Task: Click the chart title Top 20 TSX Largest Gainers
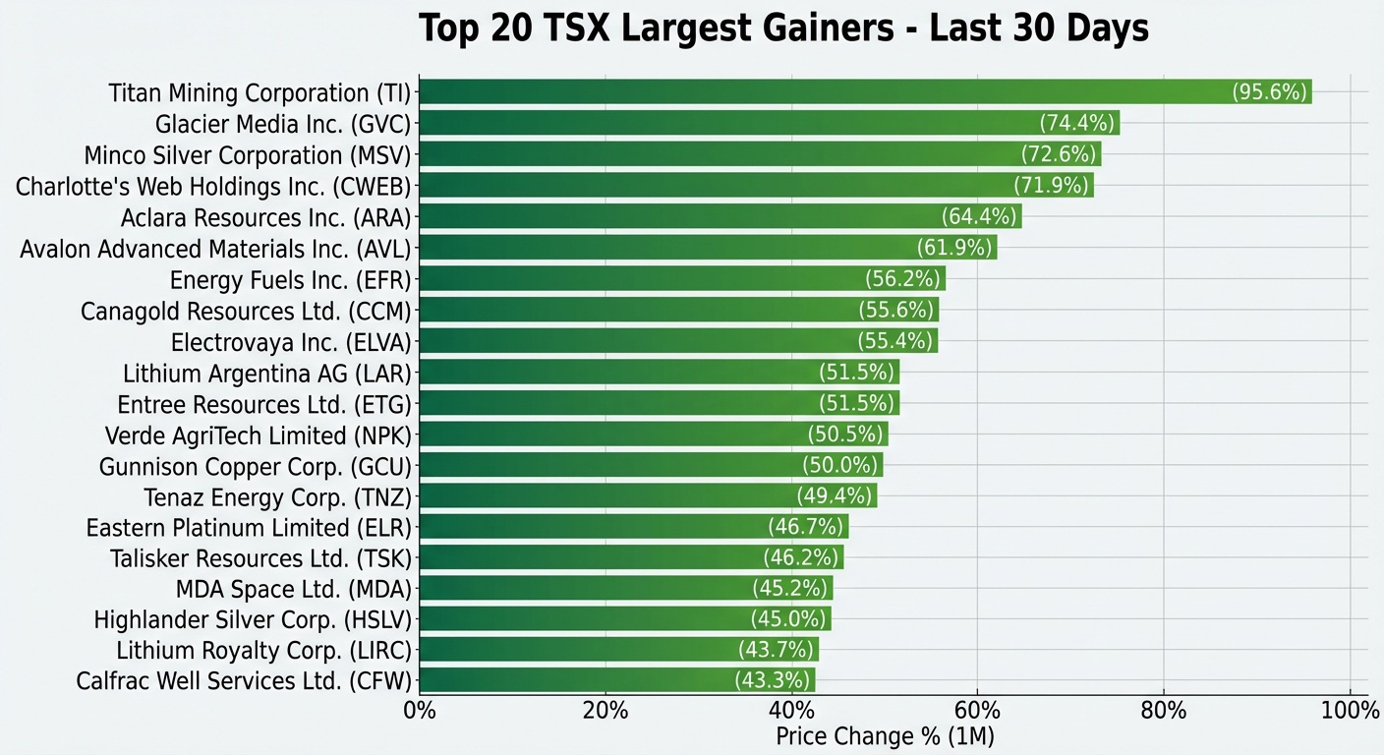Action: tap(783, 29)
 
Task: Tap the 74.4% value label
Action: tap(1077, 123)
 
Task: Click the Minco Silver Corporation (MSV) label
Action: tap(247, 155)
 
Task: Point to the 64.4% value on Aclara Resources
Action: tap(979, 216)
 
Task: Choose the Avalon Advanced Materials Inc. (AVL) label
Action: tap(215, 248)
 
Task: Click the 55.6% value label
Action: tap(895, 310)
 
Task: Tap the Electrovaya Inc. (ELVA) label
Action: tap(291, 342)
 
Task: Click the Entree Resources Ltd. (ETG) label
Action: tap(264, 404)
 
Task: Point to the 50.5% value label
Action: tap(845, 435)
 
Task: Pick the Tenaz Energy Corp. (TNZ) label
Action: tap(277, 496)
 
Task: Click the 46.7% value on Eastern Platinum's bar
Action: tap(805, 527)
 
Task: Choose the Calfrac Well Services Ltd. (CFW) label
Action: tap(244, 680)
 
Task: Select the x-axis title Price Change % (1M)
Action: tap(885, 735)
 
